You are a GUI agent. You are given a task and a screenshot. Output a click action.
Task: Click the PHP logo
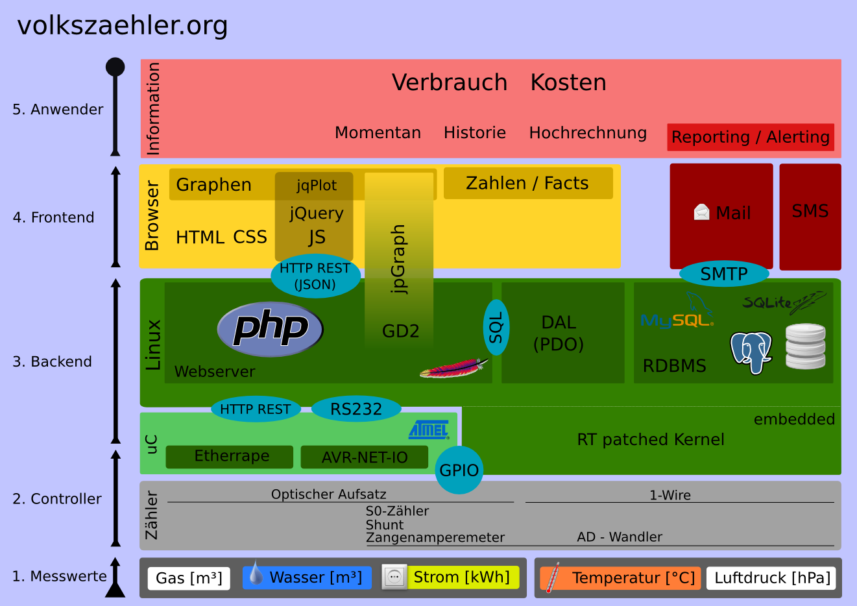coord(270,330)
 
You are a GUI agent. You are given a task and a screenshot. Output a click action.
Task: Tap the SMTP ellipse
coord(724,274)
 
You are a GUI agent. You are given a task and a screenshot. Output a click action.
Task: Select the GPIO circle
coord(459,470)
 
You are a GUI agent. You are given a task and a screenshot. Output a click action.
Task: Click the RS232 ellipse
coord(356,409)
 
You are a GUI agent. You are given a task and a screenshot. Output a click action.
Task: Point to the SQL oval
coord(496,327)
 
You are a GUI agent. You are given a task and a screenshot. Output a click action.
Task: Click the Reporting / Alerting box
coord(751,137)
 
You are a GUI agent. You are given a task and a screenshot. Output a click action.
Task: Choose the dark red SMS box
coord(810,217)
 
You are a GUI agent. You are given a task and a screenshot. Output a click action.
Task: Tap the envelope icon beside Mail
coord(701,212)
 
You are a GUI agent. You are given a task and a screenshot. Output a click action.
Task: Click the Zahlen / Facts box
coord(528,183)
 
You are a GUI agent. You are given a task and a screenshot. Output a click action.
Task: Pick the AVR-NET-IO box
coord(364,457)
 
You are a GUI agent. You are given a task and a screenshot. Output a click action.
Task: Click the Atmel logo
coord(429,430)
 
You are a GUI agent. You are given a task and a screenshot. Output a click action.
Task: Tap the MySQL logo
coord(677,311)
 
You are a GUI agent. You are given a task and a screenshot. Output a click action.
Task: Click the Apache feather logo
coord(453,368)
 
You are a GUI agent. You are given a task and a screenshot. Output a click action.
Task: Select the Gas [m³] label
coord(189,578)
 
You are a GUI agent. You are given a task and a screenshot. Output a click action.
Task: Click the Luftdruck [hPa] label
coord(771,578)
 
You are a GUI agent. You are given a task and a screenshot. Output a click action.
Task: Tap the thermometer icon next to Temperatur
coord(553,577)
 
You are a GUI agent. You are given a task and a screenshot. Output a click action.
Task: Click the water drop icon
coord(256,572)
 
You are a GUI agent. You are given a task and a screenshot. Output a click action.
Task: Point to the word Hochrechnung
coord(588,133)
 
